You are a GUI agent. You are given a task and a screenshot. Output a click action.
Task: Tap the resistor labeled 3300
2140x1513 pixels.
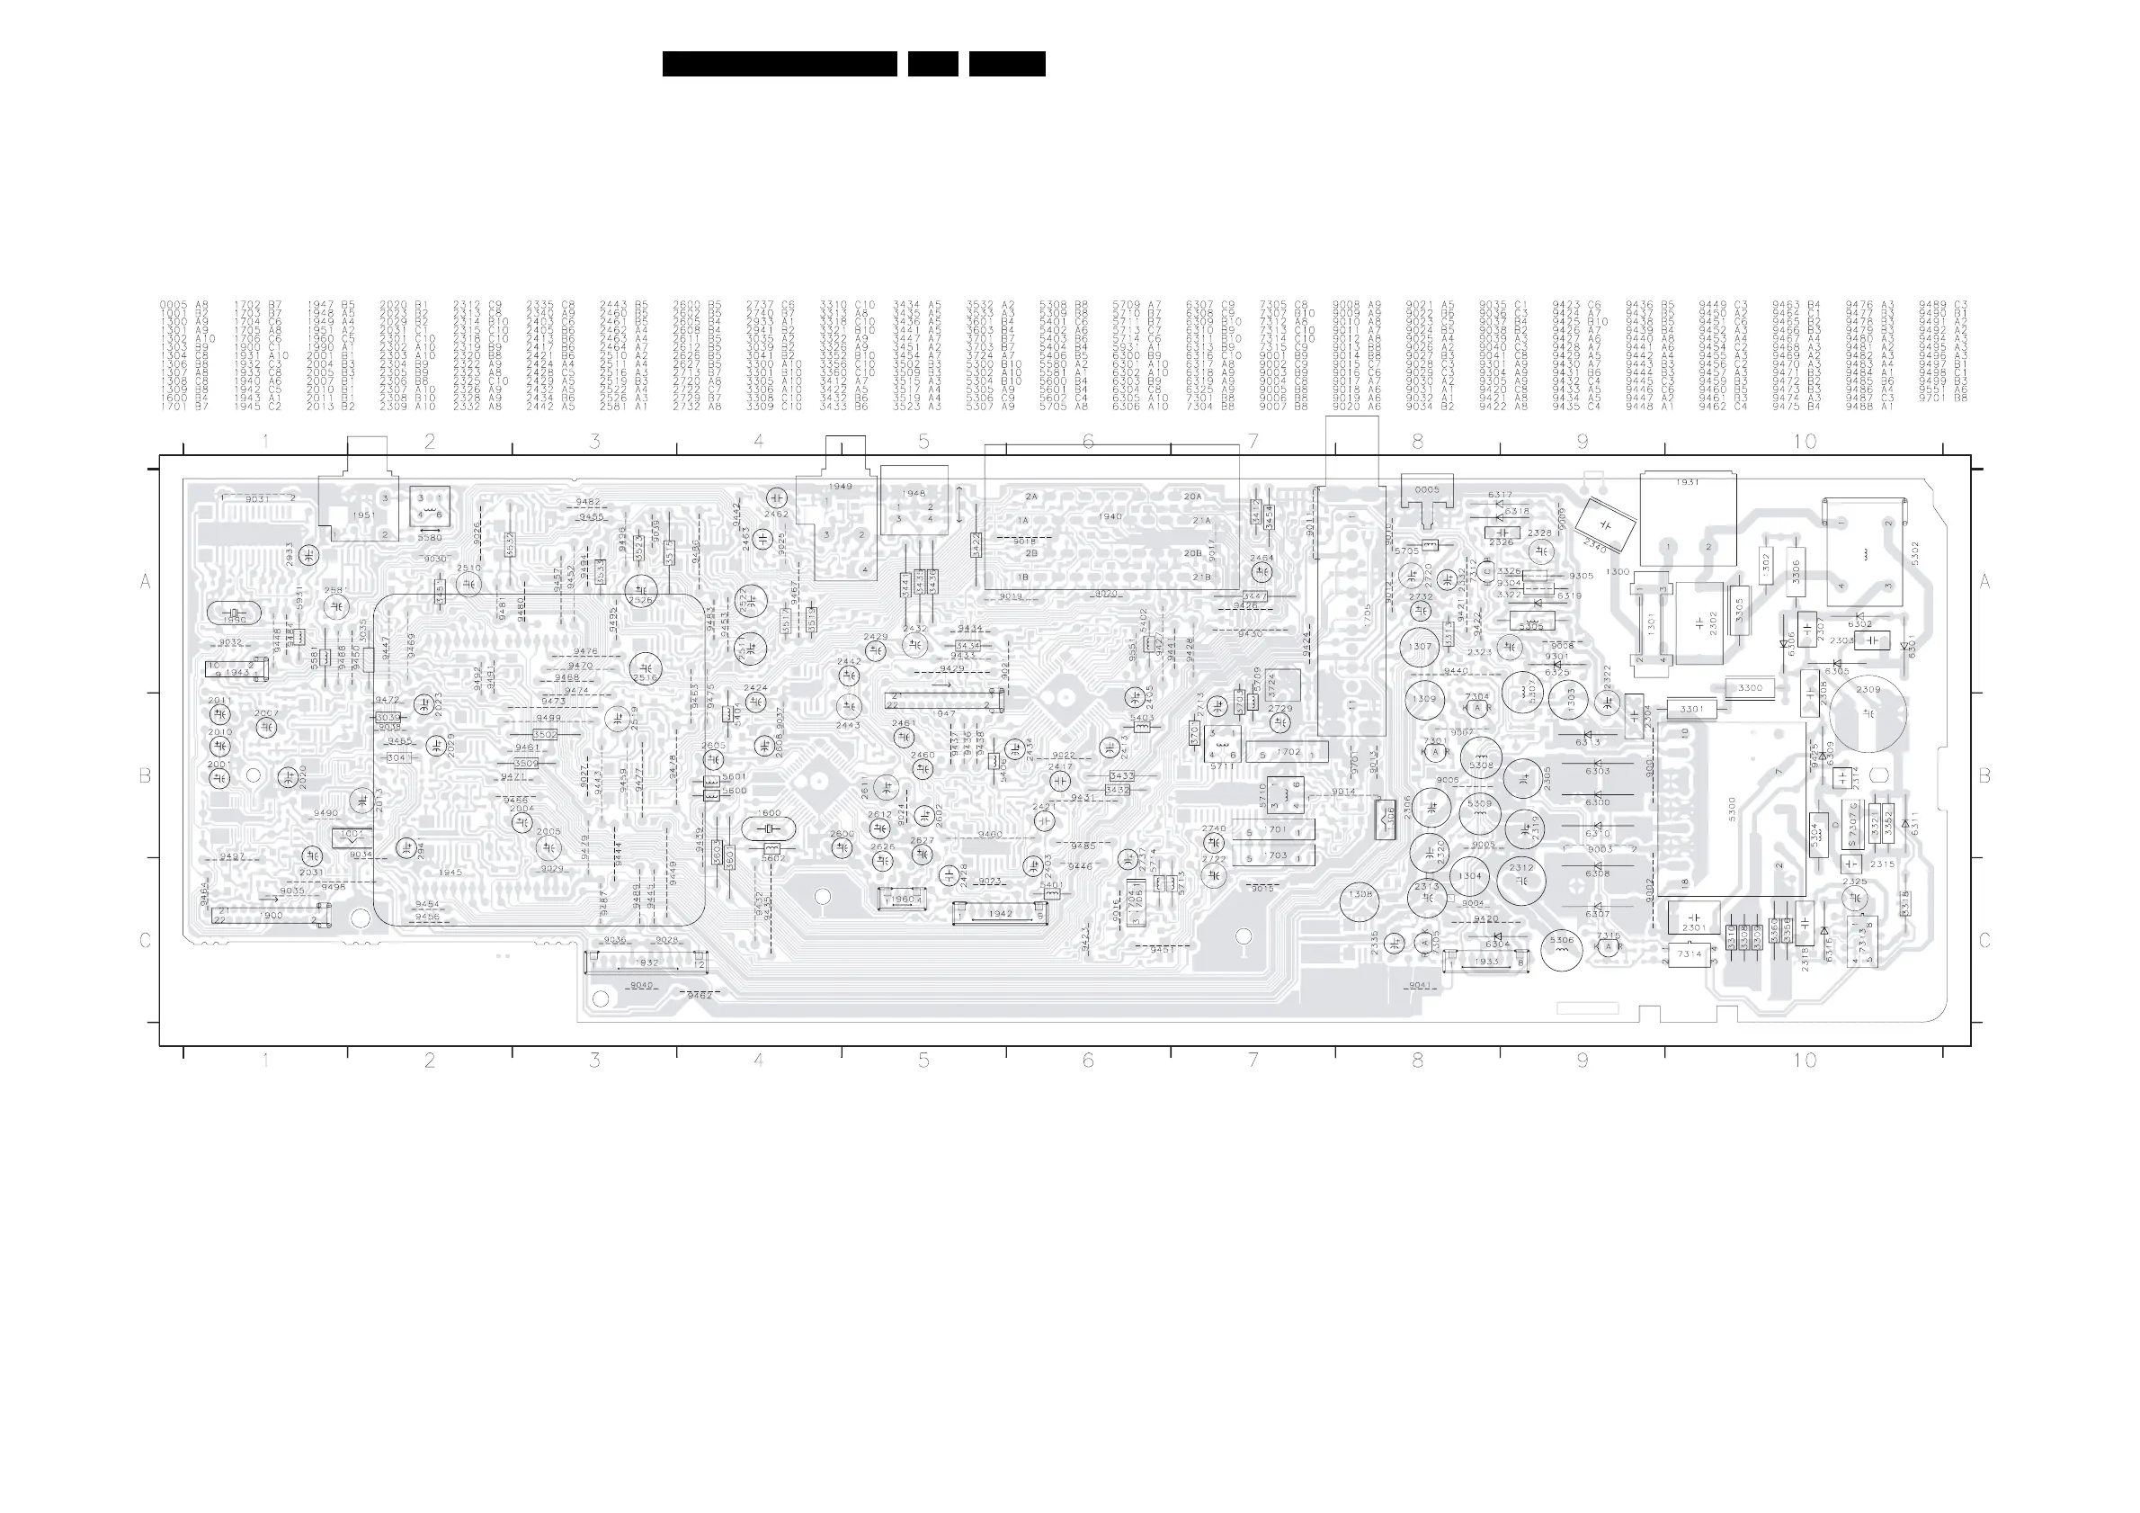[1750, 688]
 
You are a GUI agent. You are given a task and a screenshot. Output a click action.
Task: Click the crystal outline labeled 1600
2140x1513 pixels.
[769, 828]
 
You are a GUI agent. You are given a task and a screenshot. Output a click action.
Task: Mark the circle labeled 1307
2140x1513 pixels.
[1420, 646]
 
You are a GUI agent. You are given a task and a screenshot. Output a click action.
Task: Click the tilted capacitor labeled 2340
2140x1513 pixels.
[1605, 529]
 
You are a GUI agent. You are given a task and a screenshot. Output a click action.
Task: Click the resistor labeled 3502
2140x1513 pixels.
[545, 735]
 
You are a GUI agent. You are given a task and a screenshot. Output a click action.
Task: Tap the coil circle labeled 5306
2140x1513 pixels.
[1561, 949]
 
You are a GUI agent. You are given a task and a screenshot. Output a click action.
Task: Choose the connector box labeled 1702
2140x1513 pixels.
[1290, 752]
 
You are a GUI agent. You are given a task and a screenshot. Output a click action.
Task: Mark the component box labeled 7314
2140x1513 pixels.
[1689, 954]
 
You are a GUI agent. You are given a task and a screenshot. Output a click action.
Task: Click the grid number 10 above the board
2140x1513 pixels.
[1805, 441]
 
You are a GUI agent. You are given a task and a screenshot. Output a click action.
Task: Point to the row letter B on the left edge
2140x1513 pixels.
[146, 775]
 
